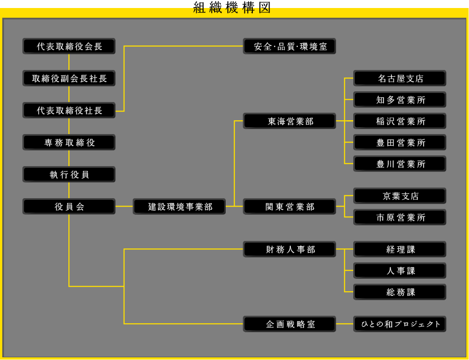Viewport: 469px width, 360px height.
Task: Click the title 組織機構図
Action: (x=232, y=7)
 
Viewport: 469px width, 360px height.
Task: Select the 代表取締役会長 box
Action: (x=69, y=46)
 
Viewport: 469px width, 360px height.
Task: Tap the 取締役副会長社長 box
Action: (x=69, y=79)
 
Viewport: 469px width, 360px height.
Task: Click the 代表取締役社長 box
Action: (x=69, y=111)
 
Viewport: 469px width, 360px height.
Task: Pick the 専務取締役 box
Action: (x=69, y=143)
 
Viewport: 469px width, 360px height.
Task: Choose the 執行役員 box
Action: (x=69, y=175)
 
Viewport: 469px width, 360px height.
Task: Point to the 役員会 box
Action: (x=69, y=207)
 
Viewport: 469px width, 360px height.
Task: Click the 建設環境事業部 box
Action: (x=179, y=207)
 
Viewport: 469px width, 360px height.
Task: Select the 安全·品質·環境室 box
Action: (x=290, y=46)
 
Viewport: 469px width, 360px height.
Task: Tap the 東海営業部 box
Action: (x=290, y=121)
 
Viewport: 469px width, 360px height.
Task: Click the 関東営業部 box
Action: (x=290, y=207)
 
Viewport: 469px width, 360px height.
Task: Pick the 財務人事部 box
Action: (x=290, y=249)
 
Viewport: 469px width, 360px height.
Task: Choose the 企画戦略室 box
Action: (x=290, y=324)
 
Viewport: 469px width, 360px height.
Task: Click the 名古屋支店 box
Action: (x=400, y=79)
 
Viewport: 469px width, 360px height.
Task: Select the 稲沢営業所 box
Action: (x=400, y=121)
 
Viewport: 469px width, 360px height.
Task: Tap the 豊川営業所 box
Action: (x=400, y=164)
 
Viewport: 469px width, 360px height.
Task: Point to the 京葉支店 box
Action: (x=400, y=196)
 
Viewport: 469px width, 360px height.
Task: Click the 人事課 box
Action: (x=400, y=271)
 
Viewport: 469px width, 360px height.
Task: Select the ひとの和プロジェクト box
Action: (x=400, y=324)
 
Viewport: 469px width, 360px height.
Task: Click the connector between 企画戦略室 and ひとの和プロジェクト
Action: (x=345, y=324)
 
